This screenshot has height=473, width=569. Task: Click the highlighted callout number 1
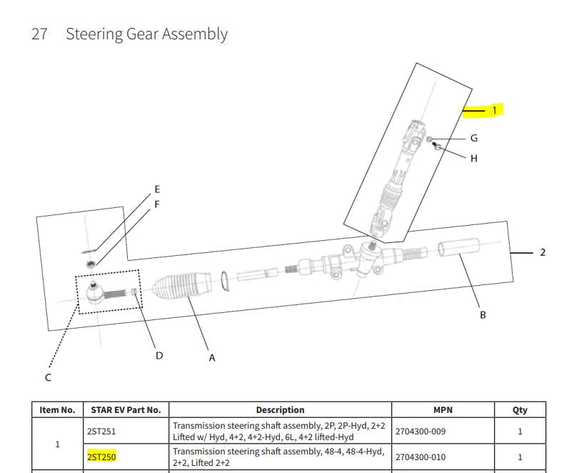tap(494, 110)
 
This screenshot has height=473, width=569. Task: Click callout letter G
tap(474, 139)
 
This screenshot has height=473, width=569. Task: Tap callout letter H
tap(474, 159)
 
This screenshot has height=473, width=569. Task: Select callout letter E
tap(157, 189)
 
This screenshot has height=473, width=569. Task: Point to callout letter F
tap(157, 204)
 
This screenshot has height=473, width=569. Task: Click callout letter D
tap(159, 356)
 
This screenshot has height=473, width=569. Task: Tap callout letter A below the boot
tap(212, 358)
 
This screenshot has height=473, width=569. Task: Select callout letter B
tap(483, 315)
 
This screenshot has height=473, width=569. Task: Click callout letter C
tap(48, 378)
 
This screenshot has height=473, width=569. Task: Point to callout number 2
tap(543, 252)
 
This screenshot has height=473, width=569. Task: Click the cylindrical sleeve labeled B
tap(458, 247)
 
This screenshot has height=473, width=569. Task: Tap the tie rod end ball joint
tap(96, 293)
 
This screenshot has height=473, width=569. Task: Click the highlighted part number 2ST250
tap(101, 457)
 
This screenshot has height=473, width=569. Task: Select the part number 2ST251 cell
tap(101, 432)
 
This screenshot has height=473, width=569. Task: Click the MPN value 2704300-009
tap(421, 432)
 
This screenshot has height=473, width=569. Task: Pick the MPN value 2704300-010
tap(421, 457)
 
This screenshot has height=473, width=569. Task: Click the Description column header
tap(280, 410)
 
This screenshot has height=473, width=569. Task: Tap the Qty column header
tap(520, 410)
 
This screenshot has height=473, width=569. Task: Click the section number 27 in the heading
tap(39, 34)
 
